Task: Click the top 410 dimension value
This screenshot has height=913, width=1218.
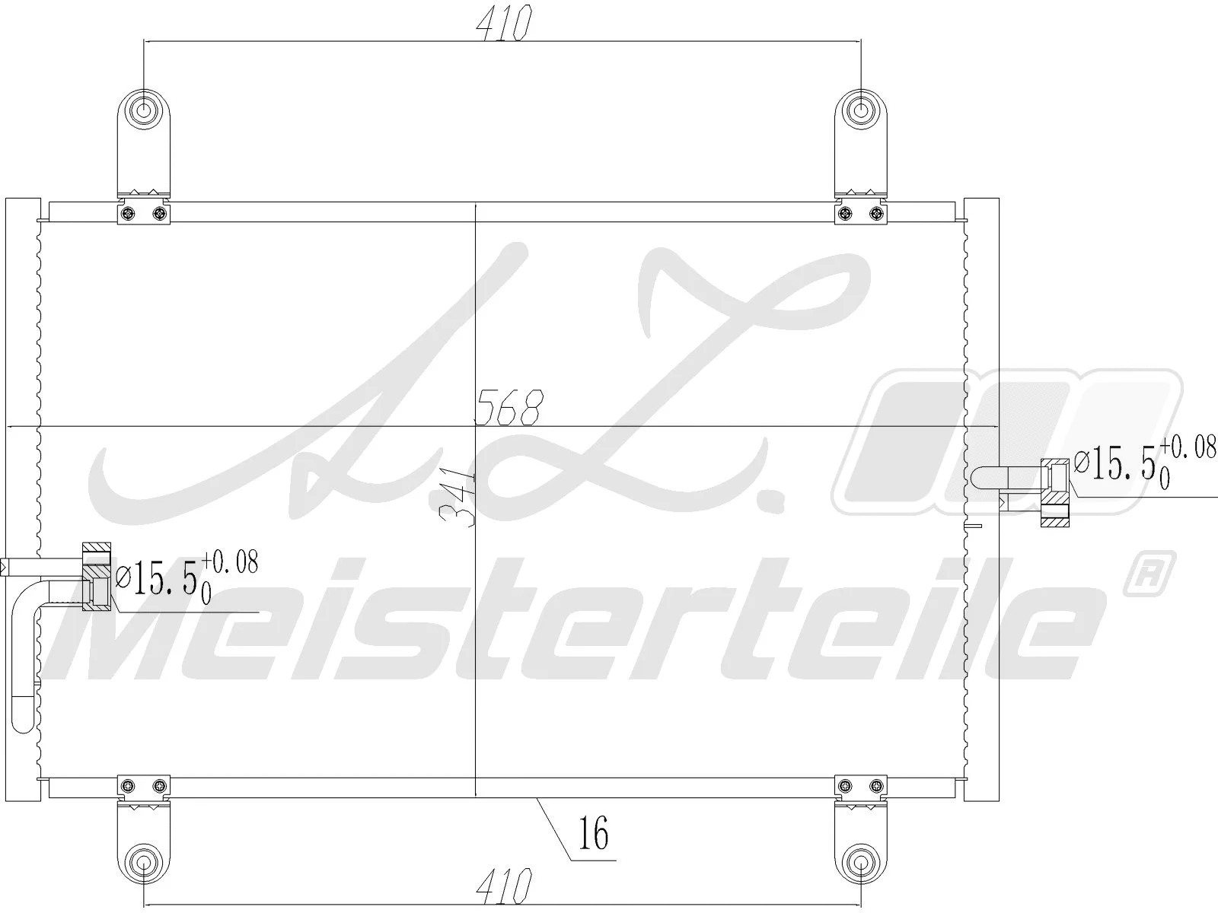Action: pos(502,24)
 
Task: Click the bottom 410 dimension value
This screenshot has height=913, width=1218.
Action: pos(502,884)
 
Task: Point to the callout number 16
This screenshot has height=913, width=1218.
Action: pos(594,834)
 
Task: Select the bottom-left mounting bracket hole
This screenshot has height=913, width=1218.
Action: pos(143,862)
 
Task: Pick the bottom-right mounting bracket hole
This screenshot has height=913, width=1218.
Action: pos(861,862)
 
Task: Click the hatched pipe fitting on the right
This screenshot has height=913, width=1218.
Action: pos(1056,495)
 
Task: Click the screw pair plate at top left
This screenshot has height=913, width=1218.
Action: pos(144,214)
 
